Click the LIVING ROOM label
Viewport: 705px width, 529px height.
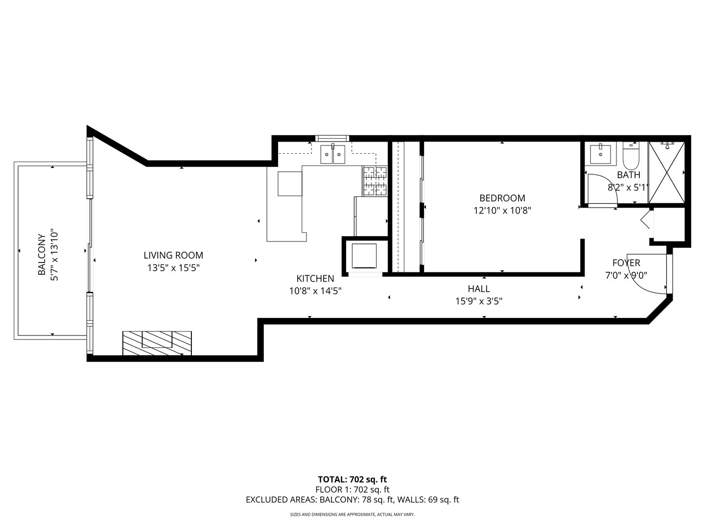(173, 255)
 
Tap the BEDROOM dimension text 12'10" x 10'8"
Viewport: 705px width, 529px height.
(502, 211)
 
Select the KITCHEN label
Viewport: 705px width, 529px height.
(315, 279)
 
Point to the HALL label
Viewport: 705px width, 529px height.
(478, 289)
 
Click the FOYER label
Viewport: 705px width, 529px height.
(626, 263)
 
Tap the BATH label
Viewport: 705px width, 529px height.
(628, 175)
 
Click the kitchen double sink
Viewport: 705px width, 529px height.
(333, 154)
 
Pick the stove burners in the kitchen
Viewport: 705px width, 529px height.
(375, 181)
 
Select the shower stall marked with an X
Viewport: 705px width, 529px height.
(666, 172)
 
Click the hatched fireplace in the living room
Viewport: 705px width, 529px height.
(157, 342)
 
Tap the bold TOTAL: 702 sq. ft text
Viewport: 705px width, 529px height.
(352, 480)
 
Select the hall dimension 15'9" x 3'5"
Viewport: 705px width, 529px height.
(478, 301)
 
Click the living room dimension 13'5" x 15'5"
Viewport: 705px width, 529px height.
(173, 268)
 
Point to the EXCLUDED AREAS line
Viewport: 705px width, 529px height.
(352, 500)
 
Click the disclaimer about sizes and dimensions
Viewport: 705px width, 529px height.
(352, 515)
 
